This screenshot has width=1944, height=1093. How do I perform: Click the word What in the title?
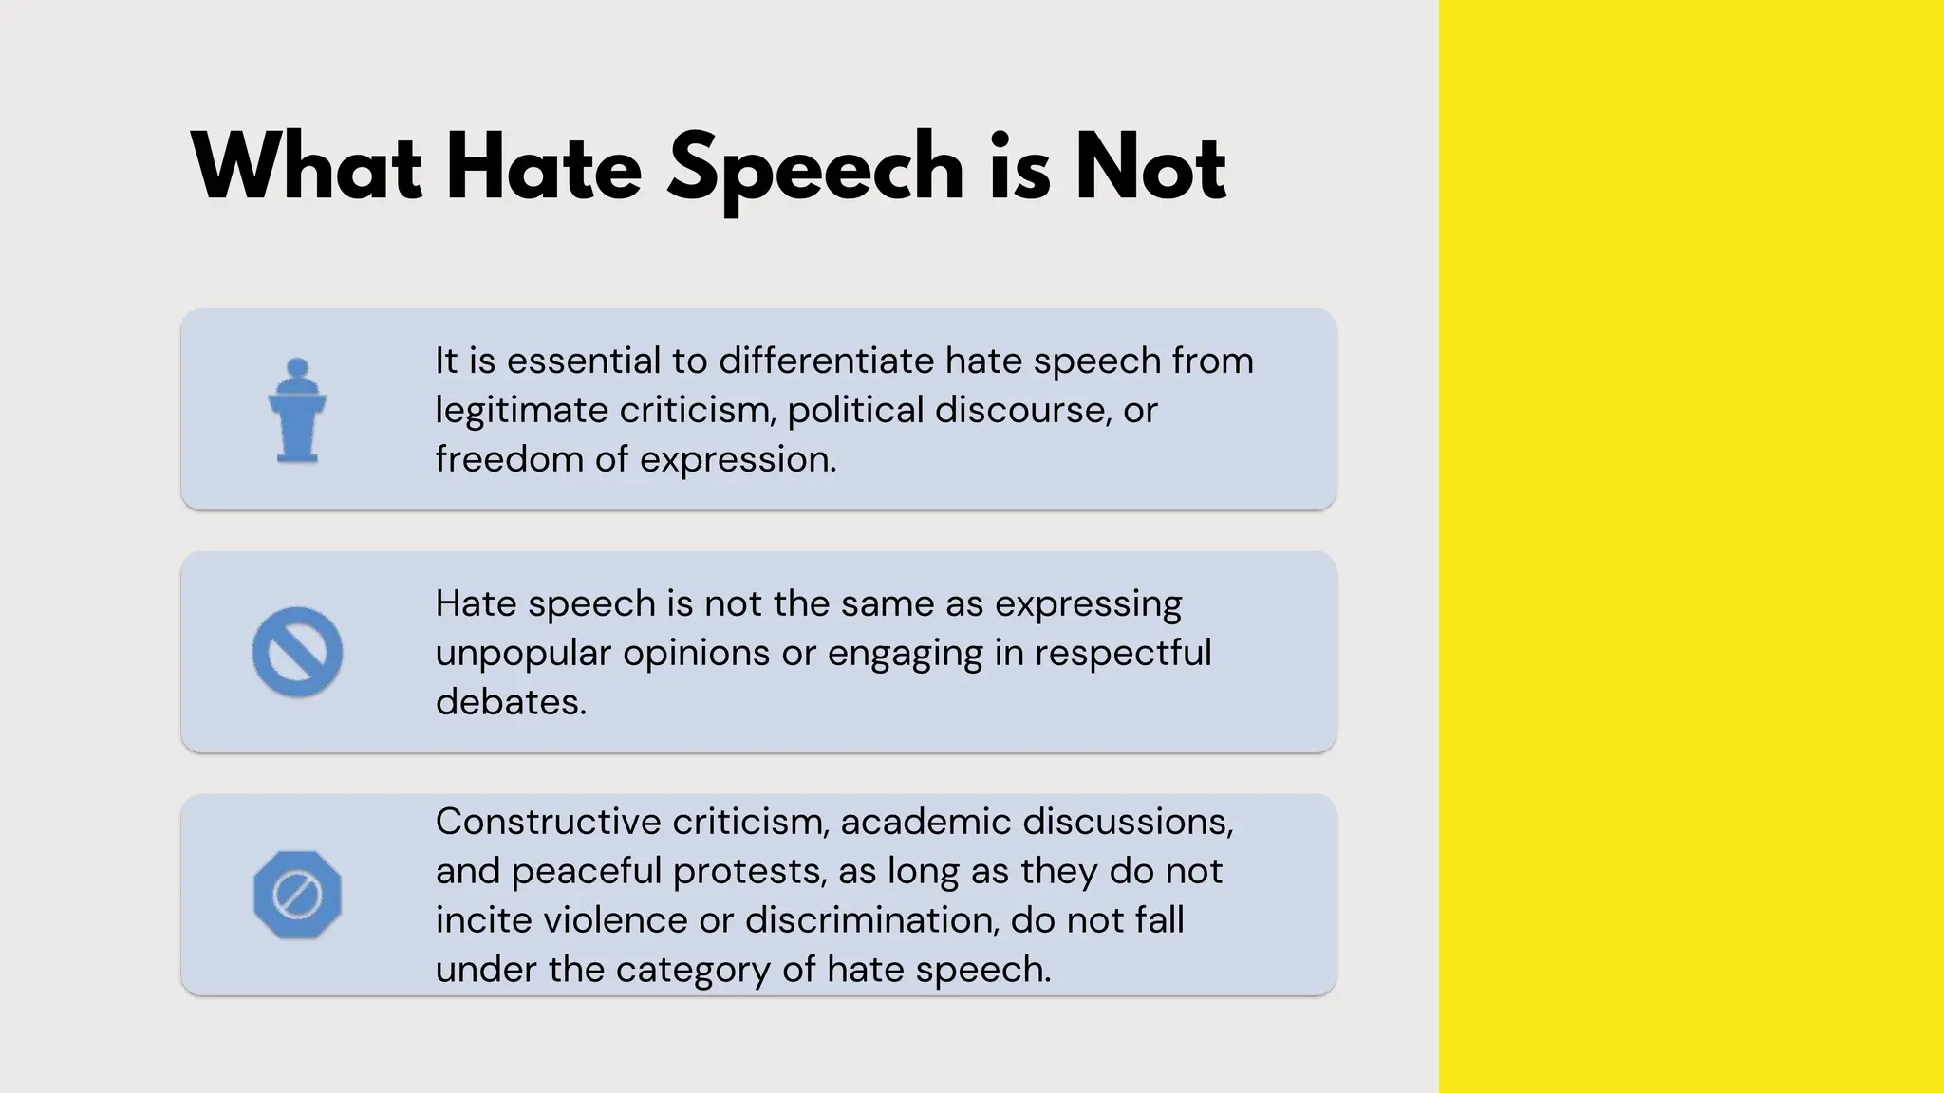[x=307, y=168]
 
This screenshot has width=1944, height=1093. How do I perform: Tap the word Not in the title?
[x=1150, y=168]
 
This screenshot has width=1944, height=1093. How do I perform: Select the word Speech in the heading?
[x=815, y=171]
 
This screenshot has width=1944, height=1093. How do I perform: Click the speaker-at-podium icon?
[x=297, y=410]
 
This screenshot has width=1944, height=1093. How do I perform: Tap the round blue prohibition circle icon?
[x=297, y=652]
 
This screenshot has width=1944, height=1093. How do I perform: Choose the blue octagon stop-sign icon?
[x=297, y=895]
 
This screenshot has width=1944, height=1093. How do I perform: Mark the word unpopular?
[x=521, y=654]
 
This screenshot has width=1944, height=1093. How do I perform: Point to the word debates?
[x=511, y=702]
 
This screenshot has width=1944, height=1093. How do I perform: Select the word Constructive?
[x=548, y=822]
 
